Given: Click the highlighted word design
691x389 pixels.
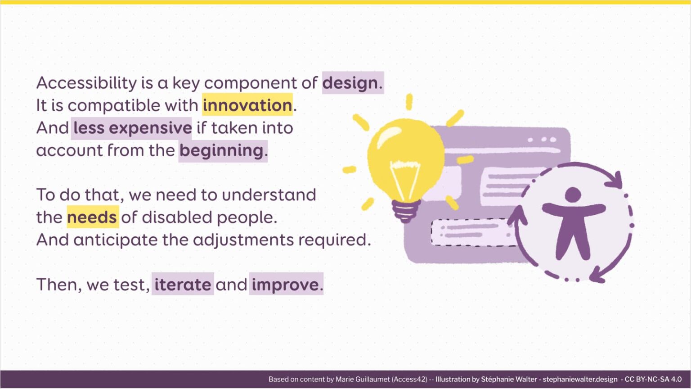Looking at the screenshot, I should (x=350, y=83).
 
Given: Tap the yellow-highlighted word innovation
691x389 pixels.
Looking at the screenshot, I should (x=247, y=105).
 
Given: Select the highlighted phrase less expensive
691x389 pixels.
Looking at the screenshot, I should (x=132, y=128).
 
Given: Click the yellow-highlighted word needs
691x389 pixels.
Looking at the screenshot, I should (x=92, y=217).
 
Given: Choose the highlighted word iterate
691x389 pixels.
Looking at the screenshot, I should (x=183, y=285).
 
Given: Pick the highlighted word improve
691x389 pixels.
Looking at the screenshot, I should (x=285, y=285).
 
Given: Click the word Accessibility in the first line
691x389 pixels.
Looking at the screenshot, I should (x=86, y=83).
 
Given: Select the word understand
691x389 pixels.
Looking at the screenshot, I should (x=269, y=195).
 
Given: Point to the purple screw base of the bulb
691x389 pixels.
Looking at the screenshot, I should (x=406, y=210).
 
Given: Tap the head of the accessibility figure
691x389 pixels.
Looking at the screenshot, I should (x=573, y=195).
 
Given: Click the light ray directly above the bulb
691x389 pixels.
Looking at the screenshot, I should (x=409, y=102).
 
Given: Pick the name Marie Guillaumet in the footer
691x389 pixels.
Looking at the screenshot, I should (x=363, y=380).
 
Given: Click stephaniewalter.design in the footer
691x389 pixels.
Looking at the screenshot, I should (x=580, y=380).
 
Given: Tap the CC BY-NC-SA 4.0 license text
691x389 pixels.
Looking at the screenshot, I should (x=653, y=380).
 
